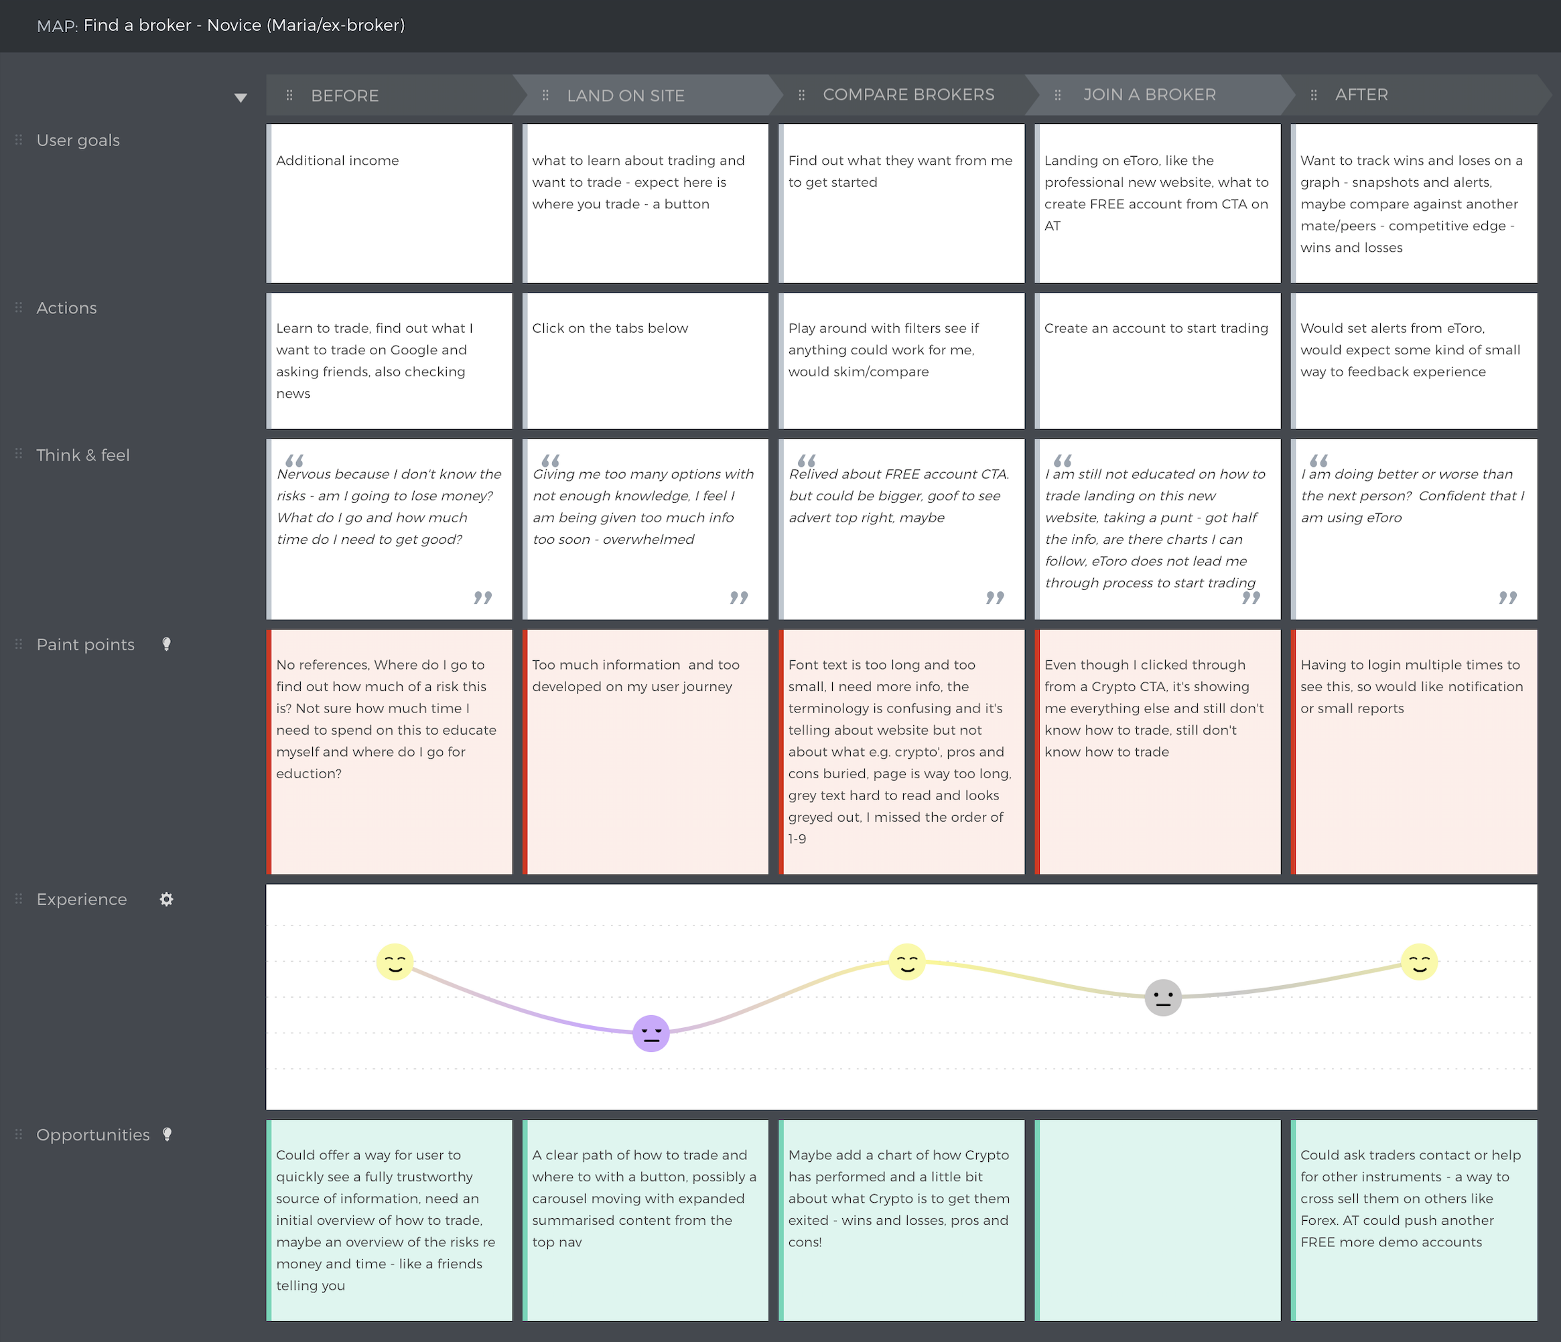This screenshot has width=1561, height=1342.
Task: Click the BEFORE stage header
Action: pos(344,96)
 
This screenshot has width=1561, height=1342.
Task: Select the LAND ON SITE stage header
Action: pos(625,96)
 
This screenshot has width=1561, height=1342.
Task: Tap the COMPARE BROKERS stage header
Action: pos(908,95)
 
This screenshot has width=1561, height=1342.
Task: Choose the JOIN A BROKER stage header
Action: pos(1149,95)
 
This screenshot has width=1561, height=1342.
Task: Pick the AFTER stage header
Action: pos(1361,95)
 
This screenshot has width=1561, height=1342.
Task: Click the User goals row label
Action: pos(78,140)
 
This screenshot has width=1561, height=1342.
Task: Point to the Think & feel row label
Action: pos(83,455)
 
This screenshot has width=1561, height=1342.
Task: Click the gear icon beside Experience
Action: pos(167,899)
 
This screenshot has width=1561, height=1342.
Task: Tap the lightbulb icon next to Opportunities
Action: pos(167,1134)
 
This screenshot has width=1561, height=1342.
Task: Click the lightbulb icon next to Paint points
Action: pos(167,644)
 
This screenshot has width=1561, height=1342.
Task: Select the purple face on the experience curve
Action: pos(651,1033)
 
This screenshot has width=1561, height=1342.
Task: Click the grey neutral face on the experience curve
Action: pos(1162,998)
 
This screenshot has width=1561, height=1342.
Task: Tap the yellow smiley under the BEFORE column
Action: pos(394,962)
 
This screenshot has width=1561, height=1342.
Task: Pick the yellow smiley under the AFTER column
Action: pos(1420,962)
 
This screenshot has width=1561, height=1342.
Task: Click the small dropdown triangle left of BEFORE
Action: pos(241,98)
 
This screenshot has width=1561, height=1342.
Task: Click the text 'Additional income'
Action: pos(337,161)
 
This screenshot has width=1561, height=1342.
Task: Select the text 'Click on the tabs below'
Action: pos(610,328)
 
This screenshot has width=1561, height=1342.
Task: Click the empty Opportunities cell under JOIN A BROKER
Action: pos(1158,1220)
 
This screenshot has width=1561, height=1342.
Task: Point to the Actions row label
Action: pos(66,308)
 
